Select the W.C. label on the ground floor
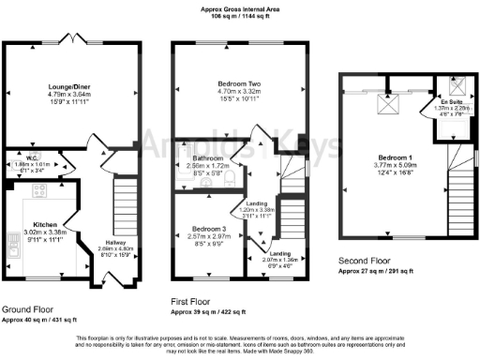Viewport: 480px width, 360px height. [32, 157]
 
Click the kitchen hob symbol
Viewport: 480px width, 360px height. [40, 192]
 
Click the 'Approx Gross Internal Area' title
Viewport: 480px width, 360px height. [240, 7]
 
